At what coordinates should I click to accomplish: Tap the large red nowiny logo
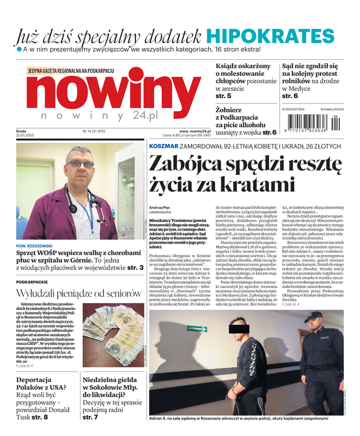point(112,93)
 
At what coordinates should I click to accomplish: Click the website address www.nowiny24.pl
point(196,131)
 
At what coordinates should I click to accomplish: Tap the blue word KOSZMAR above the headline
point(163,146)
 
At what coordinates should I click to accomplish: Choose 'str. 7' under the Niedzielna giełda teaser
point(90,417)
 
